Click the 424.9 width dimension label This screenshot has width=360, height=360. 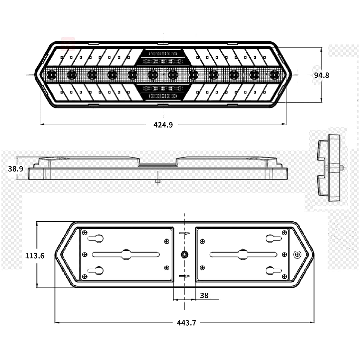pos(163,125)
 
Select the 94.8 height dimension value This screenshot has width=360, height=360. pos(321,75)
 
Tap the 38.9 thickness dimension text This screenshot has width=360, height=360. pos(16,169)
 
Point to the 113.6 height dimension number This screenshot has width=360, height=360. pos(35,256)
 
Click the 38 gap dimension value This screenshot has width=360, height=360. pos(204,295)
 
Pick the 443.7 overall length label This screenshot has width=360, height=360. pos(186,323)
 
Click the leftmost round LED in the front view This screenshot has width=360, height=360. pos(51,75)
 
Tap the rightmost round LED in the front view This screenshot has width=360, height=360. pos(274,75)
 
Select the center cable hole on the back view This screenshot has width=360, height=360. pos(185,255)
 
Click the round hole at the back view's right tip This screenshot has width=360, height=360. pos(297,255)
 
